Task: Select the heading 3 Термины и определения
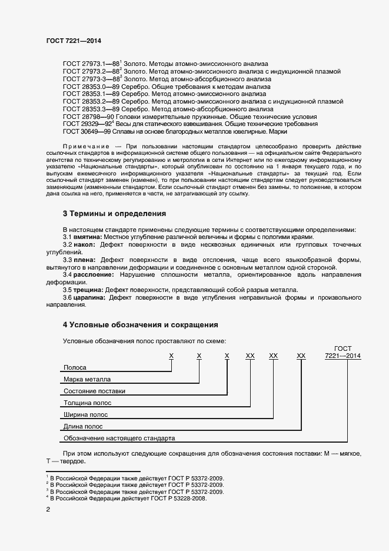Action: [114, 213]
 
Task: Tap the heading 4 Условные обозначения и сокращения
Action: [141, 324]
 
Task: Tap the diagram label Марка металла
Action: [87, 380]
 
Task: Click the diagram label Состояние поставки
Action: [94, 391]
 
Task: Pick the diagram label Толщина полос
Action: [87, 403]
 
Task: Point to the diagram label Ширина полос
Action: [85, 415]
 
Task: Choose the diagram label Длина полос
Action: [83, 426]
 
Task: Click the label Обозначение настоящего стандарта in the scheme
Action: [119, 438]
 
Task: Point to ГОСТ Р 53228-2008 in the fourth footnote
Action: [181, 498]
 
